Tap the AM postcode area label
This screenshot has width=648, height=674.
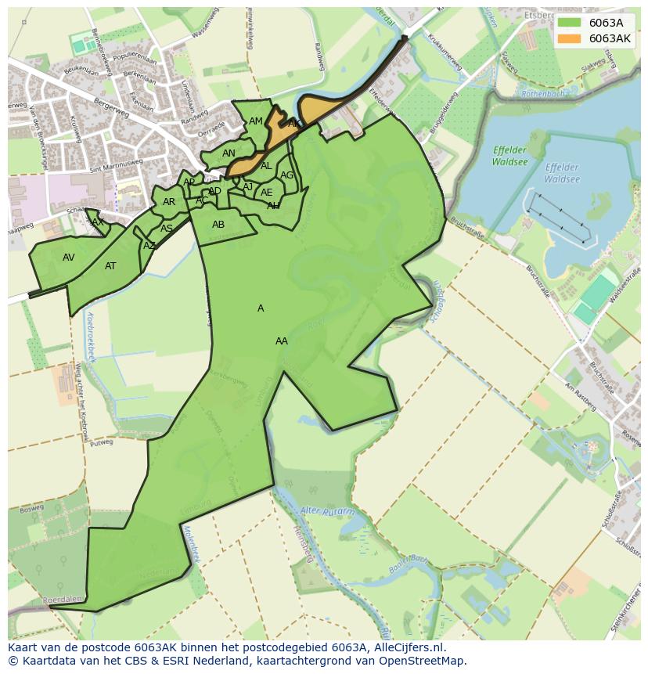pyautogui.click(x=256, y=121)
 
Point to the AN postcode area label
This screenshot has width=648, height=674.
pyautogui.click(x=229, y=153)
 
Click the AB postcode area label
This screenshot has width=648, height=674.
pyautogui.click(x=218, y=225)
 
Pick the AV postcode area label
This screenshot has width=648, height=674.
pyautogui.click(x=69, y=258)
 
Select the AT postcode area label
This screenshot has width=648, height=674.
pyautogui.click(x=110, y=266)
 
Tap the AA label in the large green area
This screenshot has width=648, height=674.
pyautogui.click(x=282, y=341)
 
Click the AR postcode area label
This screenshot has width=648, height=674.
pyautogui.click(x=169, y=202)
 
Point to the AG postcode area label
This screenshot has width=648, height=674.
pyautogui.click(x=286, y=175)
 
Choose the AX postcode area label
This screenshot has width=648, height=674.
pyautogui.click(x=98, y=222)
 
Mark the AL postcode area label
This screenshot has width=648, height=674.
pyautogui.click(x=266, y=166)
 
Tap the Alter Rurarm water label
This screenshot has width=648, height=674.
pyautogui.click(x=327, y=512)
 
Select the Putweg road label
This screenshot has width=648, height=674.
pyautogui.click(x=102, y=442)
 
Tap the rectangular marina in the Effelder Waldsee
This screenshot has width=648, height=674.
pyautogui.click(x=557, y=216)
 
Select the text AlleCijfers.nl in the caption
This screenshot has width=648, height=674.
pyautogui.click(x=407, y=647)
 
